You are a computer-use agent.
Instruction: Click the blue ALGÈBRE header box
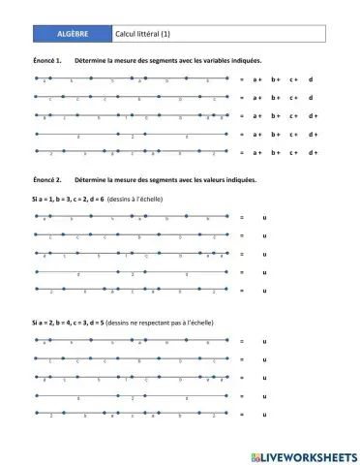(x=73, y=34)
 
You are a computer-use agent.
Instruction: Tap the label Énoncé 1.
(x=47, y=61)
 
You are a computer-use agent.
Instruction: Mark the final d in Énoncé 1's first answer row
(x=311, y=79)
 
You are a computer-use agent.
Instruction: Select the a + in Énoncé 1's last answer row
(x=256, y=153)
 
